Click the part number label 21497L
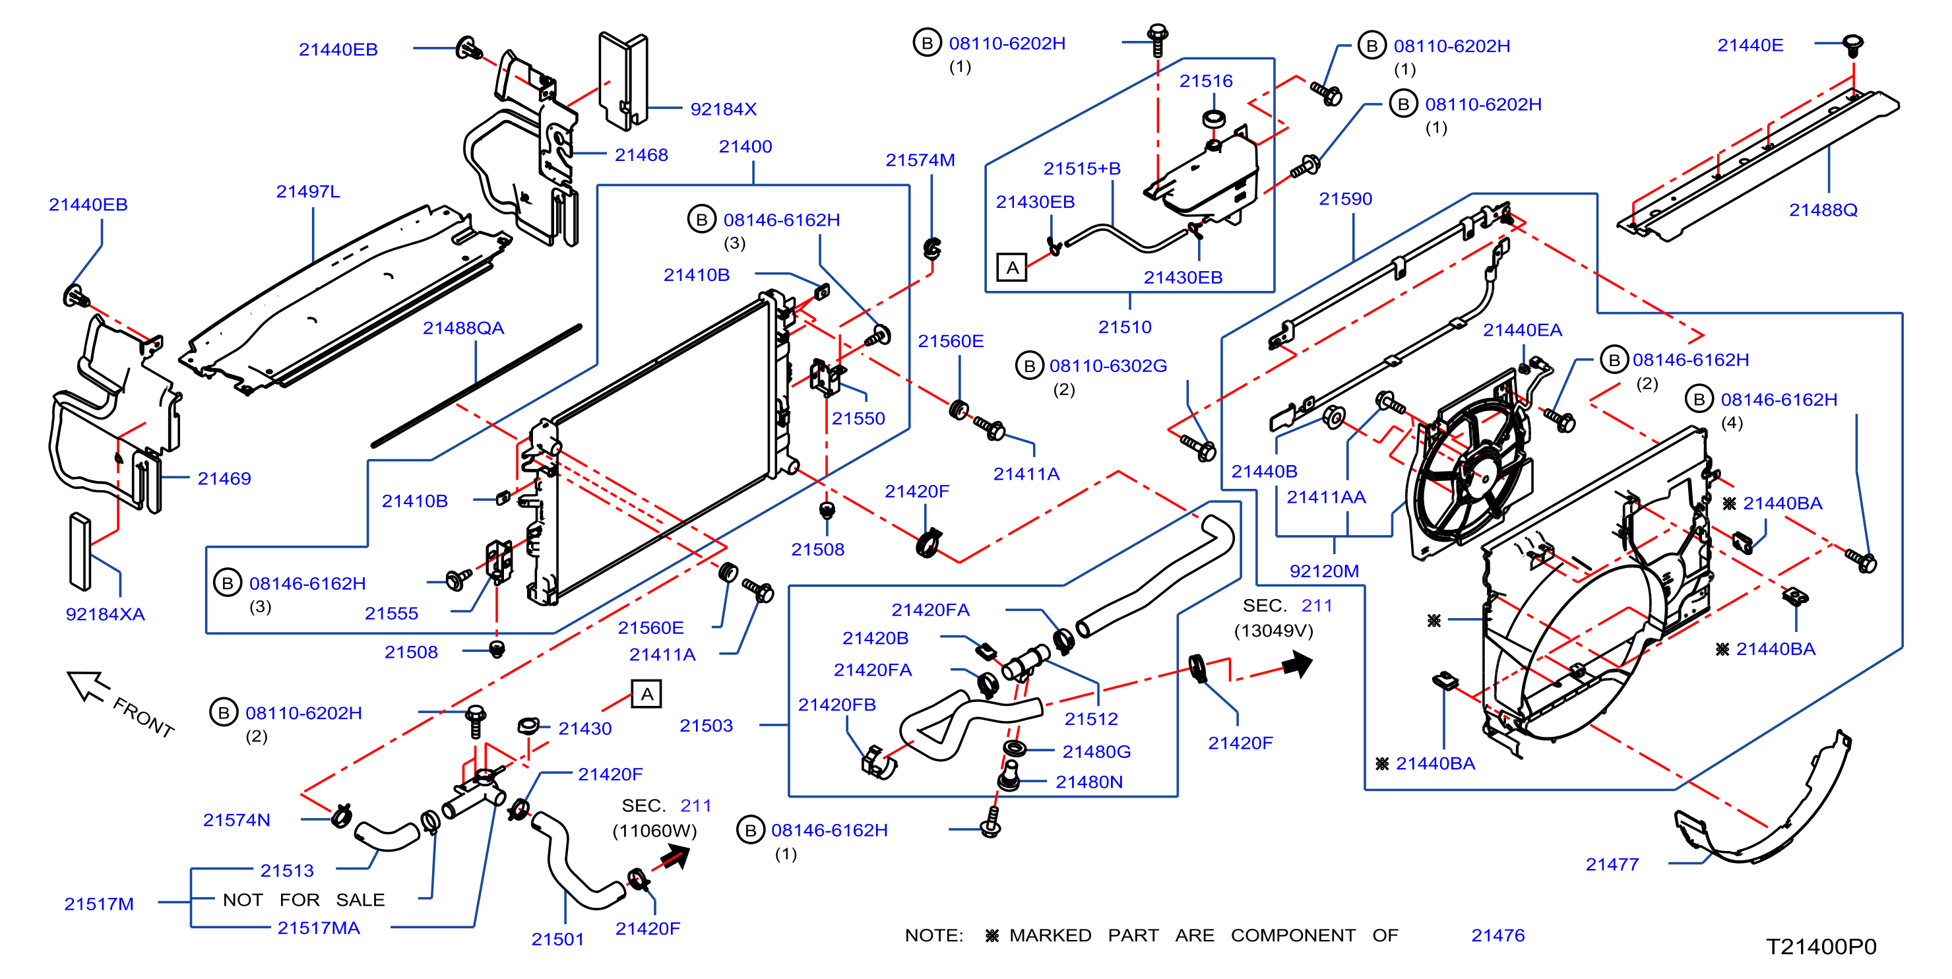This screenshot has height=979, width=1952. (307, 192)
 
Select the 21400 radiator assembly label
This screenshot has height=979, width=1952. (745, 146)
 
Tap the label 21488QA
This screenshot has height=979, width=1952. (463, 328)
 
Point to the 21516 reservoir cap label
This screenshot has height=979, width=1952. (1206, 81)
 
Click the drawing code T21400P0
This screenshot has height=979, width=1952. (1821, 947)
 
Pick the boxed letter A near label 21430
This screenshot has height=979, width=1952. (646, 694)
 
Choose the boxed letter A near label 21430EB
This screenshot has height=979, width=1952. (1011, 267)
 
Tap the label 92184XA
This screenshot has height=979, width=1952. (106, 614)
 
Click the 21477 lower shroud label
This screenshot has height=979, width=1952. (1612, 865)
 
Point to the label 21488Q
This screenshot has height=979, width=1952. (1823, 210)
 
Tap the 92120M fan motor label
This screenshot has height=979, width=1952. (1324, 571)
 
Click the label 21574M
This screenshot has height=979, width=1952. (920, 160)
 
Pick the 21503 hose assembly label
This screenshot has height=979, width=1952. (705, 726)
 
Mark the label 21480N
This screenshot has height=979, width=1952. (1089, 782)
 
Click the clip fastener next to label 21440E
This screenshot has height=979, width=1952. (1851, 45)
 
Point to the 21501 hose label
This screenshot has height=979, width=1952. (557, 939)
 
